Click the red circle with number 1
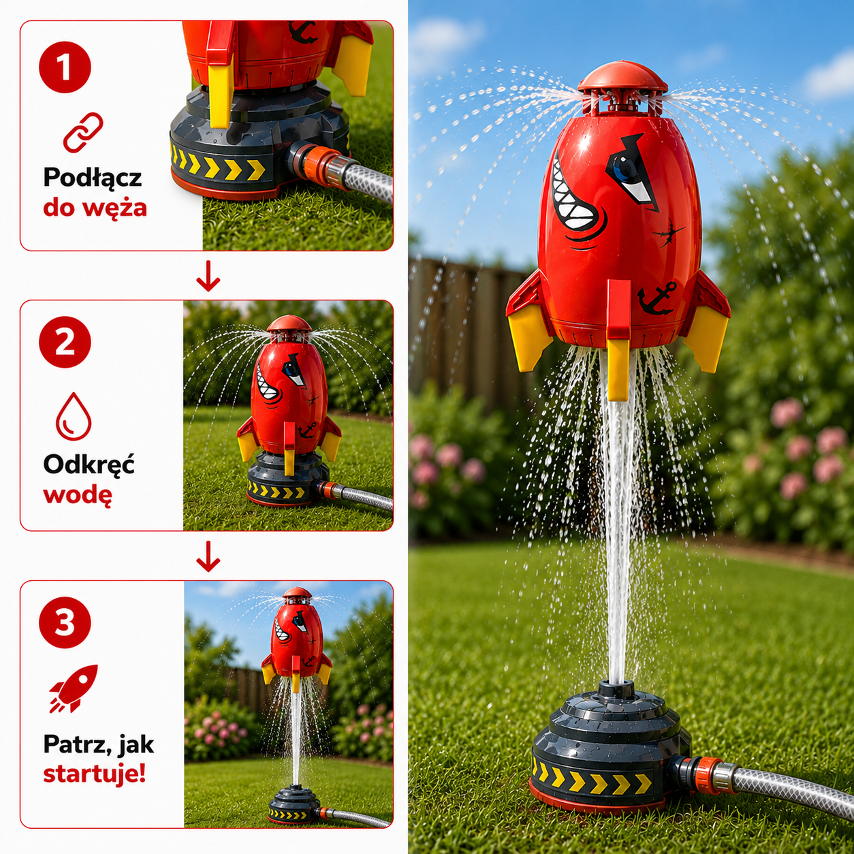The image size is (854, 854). click(x=65, y=67)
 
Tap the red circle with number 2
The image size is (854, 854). click(x=65, y=342)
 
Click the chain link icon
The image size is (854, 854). click(x=83, y=132)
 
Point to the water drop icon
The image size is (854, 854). click(x=74, y=416)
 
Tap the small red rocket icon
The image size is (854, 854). click(x=73, y=689)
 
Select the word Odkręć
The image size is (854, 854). click(x=89, y=464)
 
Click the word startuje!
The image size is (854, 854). click(x=94, y=774)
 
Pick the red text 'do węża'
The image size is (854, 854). click(x=95, y=208)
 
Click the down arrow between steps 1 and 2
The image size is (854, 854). click(x=208, y=276)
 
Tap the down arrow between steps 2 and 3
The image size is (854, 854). click(x=208, y=556)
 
